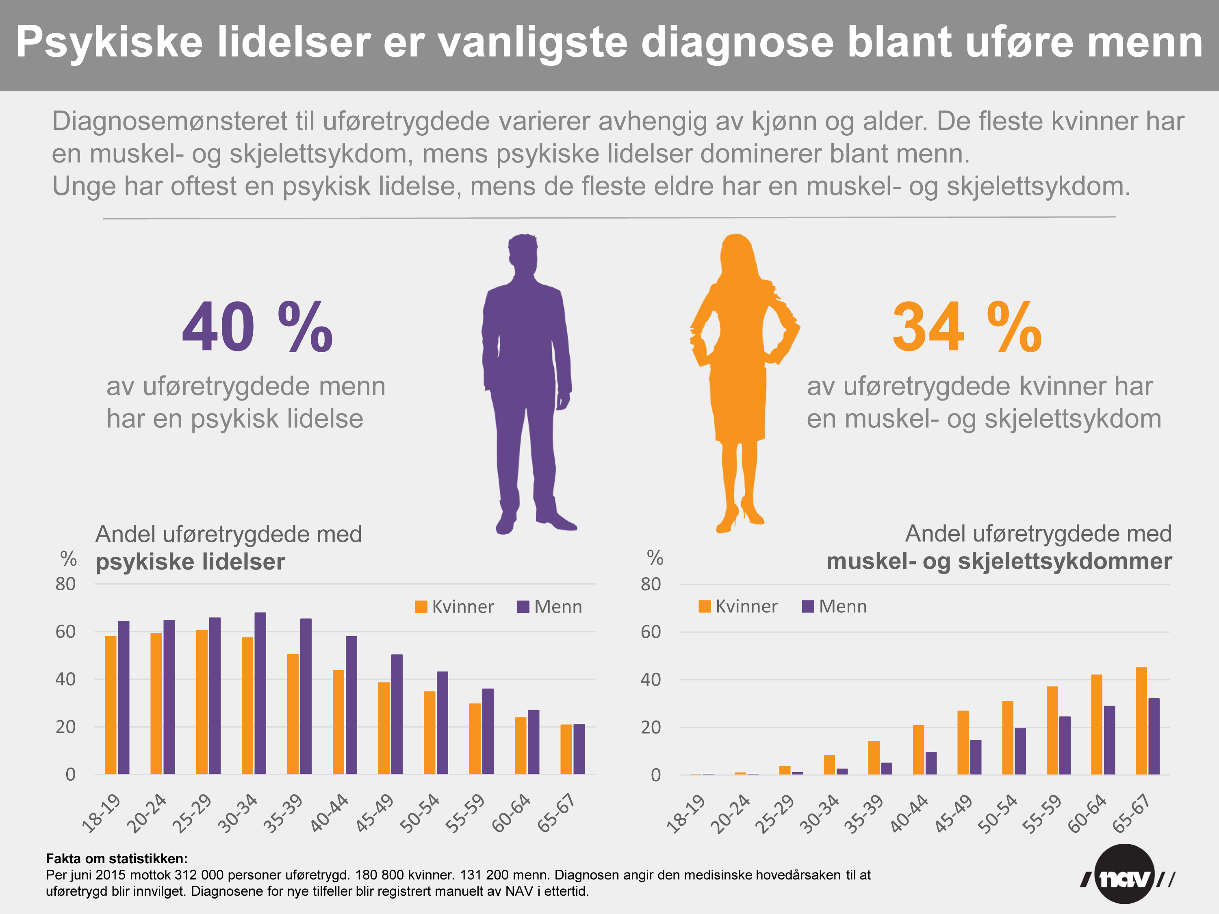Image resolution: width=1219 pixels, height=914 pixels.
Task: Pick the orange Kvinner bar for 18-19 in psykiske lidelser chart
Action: click(x=111, y=705)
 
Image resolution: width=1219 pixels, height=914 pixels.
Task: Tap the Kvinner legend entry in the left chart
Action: click(x=455, y=606)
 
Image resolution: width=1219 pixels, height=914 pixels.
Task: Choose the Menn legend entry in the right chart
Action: click(x=834, y=606)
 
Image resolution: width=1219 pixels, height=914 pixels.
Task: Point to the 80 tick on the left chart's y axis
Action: click(x=65, y=584)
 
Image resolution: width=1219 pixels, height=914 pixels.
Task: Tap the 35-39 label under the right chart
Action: click(x=863, y=814)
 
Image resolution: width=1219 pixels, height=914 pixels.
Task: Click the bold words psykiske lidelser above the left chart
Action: click(x=190, y=562)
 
